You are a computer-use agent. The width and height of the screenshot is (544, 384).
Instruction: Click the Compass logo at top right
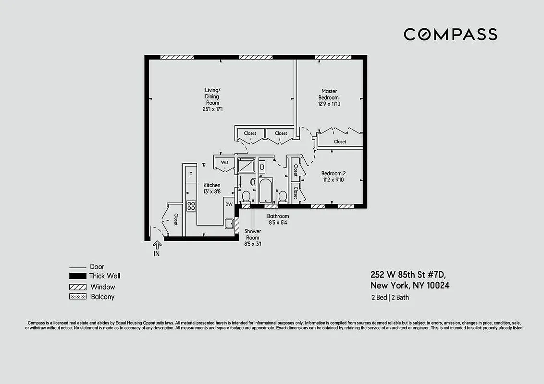[x=450, y=35]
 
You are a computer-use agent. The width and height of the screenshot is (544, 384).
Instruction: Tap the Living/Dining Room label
[x=212, y=96]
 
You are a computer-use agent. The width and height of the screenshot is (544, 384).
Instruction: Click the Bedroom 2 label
[x=334, y=173]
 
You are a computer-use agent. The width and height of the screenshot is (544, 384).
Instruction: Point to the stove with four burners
[x=191, y=206]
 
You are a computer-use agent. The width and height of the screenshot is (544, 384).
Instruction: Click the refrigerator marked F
[x=191, y=174]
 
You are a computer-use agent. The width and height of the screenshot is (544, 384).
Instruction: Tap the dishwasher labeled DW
[x=229, y=204]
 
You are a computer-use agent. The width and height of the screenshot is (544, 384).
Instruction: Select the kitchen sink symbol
[x=229, y=223]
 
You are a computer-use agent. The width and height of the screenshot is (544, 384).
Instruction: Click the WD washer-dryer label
[x=224, y=163]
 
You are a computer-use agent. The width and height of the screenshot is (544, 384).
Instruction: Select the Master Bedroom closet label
[x=340, y=142]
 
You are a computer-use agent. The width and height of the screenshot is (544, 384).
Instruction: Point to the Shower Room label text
[x=252, y=234]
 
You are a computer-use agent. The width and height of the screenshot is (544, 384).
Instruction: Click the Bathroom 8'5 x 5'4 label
[x=278, y=219]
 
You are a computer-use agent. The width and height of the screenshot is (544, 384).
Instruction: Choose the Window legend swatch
[x=77, y=287]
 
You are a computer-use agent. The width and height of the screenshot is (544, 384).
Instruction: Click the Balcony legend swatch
[x=77, y=297]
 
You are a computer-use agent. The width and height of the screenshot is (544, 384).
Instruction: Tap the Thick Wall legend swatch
[x=77, y=276]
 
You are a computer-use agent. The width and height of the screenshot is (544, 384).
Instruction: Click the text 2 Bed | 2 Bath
[x=390, y=298]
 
